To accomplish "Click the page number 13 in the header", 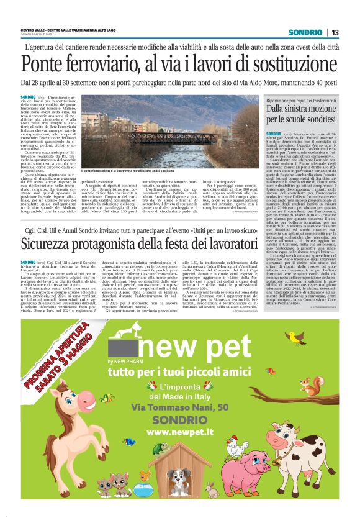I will coord(335,32).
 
